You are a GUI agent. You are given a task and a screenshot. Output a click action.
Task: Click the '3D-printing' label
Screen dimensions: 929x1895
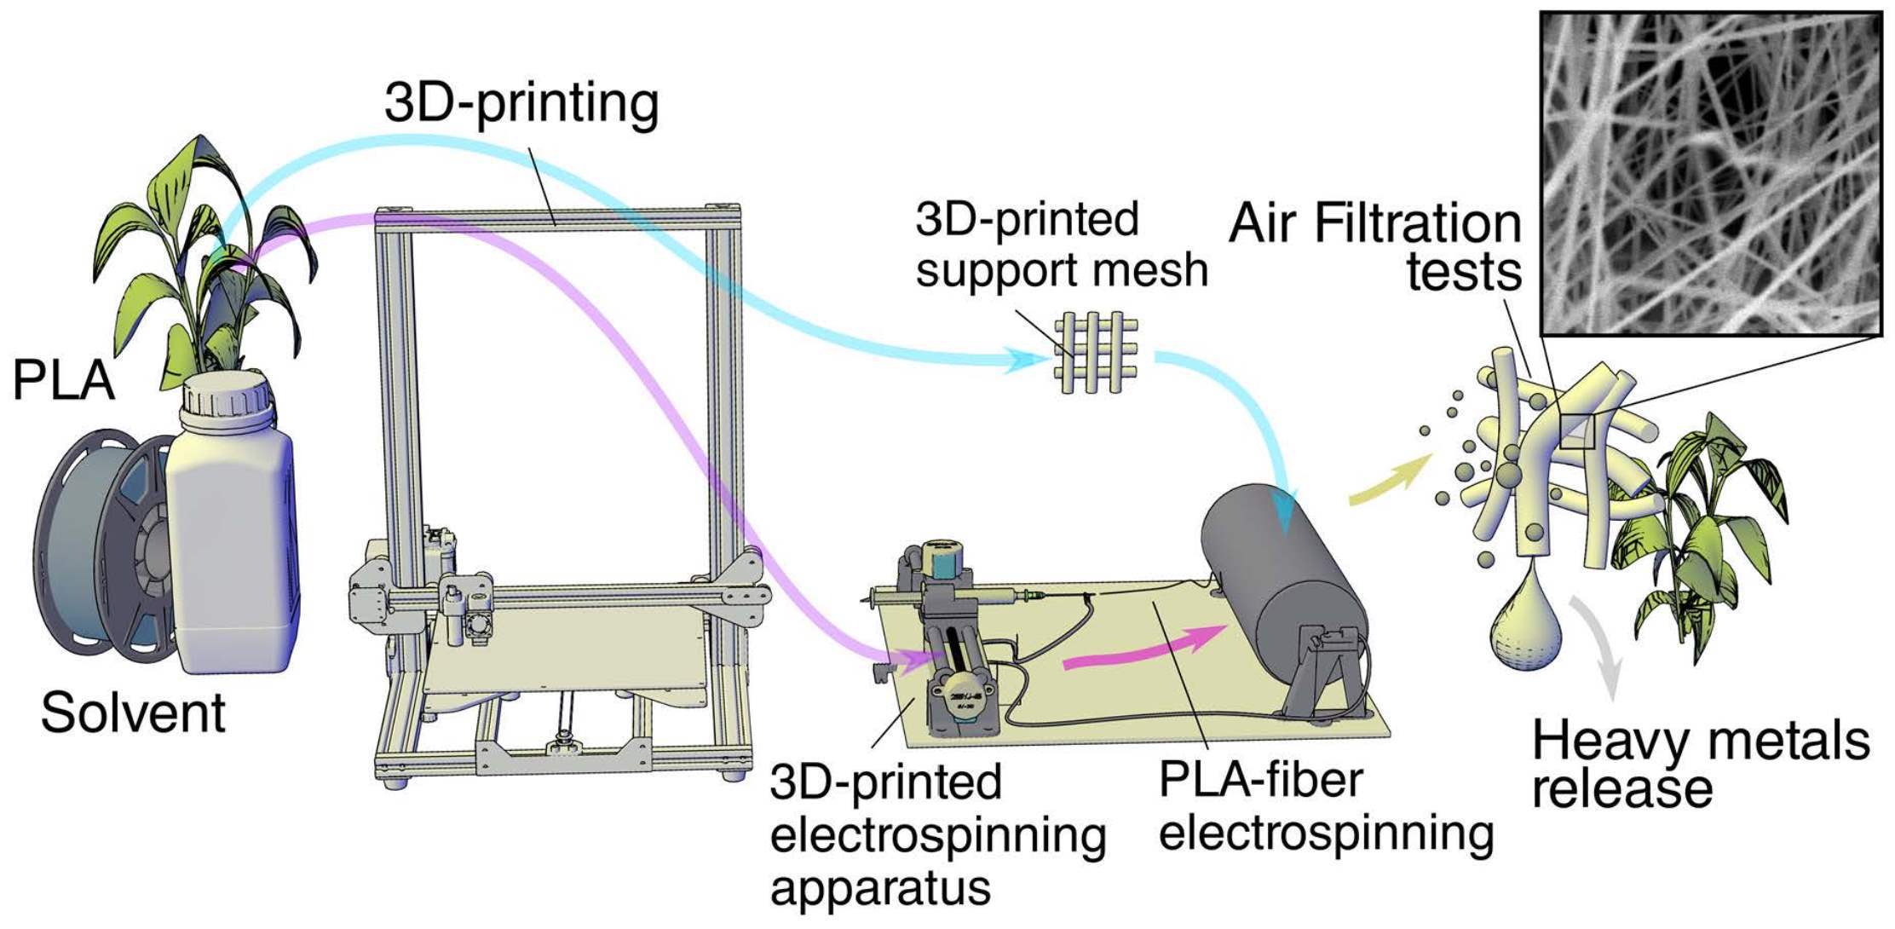coord(521,104)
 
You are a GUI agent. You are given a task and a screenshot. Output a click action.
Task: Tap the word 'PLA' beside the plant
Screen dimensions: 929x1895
coord(63,380)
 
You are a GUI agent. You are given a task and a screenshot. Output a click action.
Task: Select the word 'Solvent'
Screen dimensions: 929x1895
coord(132,713)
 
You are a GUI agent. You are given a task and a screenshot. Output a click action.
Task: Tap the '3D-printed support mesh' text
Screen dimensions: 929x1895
coord(1061,245)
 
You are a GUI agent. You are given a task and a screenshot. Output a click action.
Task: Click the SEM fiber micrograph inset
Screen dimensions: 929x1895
coord(1711,173)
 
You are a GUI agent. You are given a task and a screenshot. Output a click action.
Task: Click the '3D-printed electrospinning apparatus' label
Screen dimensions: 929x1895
coord(937,835)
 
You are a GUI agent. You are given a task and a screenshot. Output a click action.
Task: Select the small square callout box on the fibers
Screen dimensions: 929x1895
coord(1577,431)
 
